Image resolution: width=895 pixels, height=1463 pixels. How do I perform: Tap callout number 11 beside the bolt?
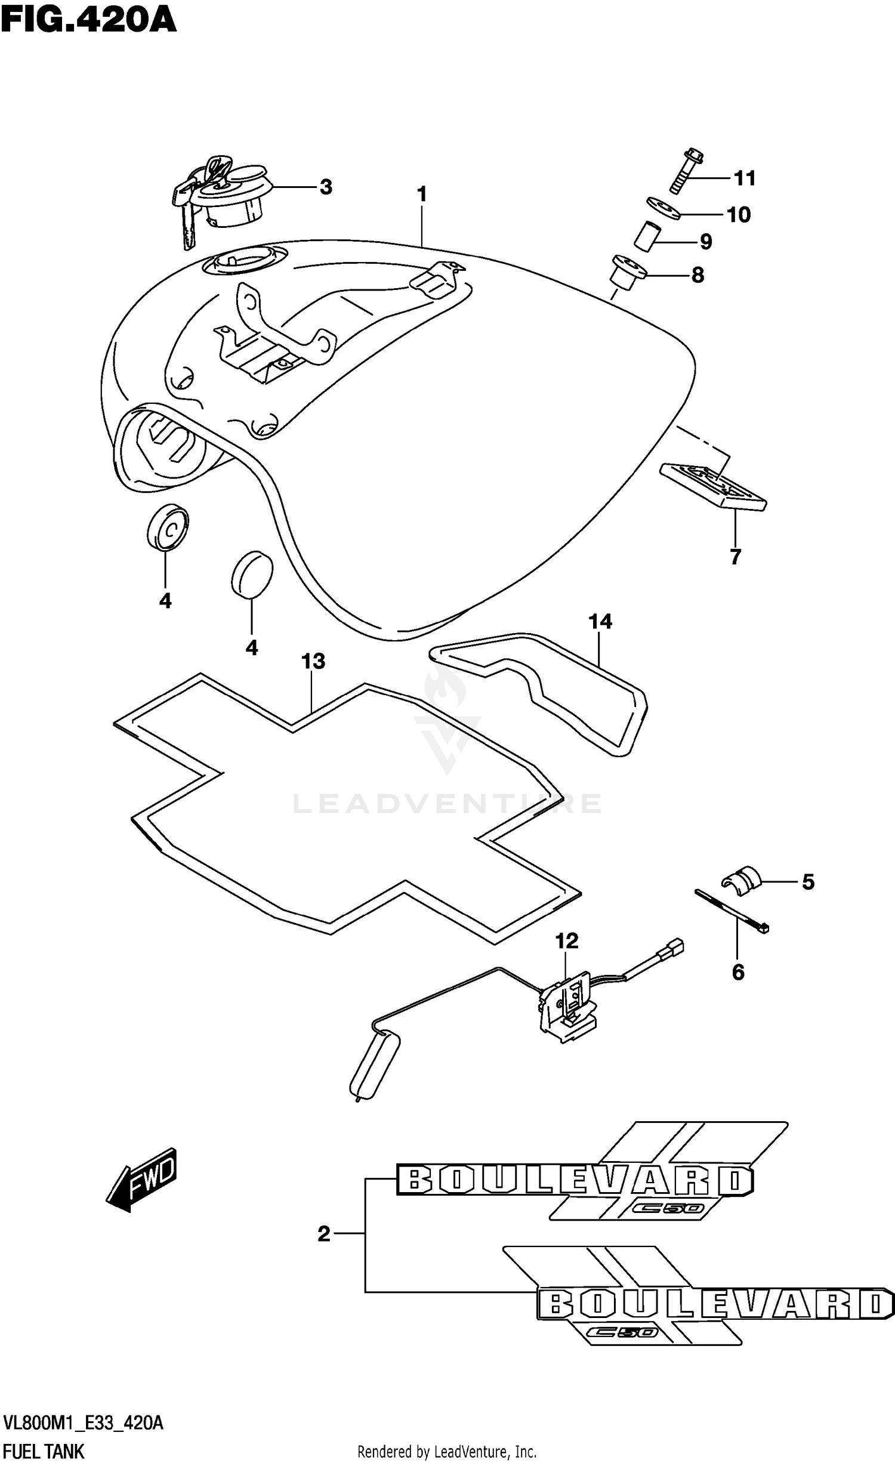(744, 178)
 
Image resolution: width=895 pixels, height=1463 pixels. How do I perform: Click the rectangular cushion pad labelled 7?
(713, 486)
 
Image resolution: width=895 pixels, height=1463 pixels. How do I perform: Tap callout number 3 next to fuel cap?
(325, 187)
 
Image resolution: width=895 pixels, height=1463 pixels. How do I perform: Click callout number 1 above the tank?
(422, 194)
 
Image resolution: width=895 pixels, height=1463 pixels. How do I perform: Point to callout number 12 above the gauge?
(566, 941)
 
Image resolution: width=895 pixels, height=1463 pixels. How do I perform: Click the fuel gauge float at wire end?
(374, 1064)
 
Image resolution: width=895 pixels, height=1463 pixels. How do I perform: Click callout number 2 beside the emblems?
(324, 1234)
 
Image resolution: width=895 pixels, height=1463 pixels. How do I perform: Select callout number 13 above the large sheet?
(313, 661)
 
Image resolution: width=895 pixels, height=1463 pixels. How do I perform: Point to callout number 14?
(600, 622)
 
